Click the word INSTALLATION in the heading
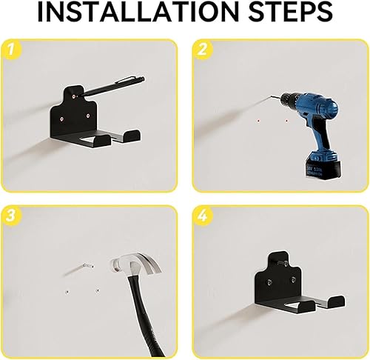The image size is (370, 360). click(x=139, y=12)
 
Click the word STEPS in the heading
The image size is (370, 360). click(x=290, y=12)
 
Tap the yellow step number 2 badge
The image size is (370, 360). click(x=203, y=50)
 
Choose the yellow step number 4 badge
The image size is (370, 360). click(x=203, y=216)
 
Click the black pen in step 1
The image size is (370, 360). click(x=112, y=86)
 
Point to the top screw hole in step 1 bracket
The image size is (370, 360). click(x=74, y=96)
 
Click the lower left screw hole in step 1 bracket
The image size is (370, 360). click(x=61, y=119)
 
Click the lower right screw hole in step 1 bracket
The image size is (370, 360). click(x=88, y=115)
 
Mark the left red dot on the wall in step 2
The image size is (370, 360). click(x=258, y=121)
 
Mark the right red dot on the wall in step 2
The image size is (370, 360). click(x=286, y=121)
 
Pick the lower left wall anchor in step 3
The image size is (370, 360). click(x=67, y=292)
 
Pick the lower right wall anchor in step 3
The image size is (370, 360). click(x=98, y=290)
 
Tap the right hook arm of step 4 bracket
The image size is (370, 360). click(x=332, y=301)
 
